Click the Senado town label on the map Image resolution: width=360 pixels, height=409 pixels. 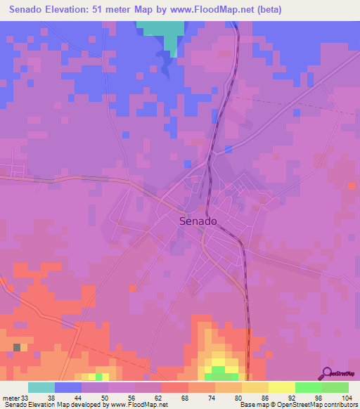[198, 221]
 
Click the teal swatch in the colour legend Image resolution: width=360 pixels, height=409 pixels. [41, 387]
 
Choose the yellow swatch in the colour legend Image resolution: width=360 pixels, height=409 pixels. [281, 387]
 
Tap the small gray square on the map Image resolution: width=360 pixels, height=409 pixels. [17, 347]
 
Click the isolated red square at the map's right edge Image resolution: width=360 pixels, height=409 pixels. [352, 186]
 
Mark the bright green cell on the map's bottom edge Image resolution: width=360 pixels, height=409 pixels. [219, 370]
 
